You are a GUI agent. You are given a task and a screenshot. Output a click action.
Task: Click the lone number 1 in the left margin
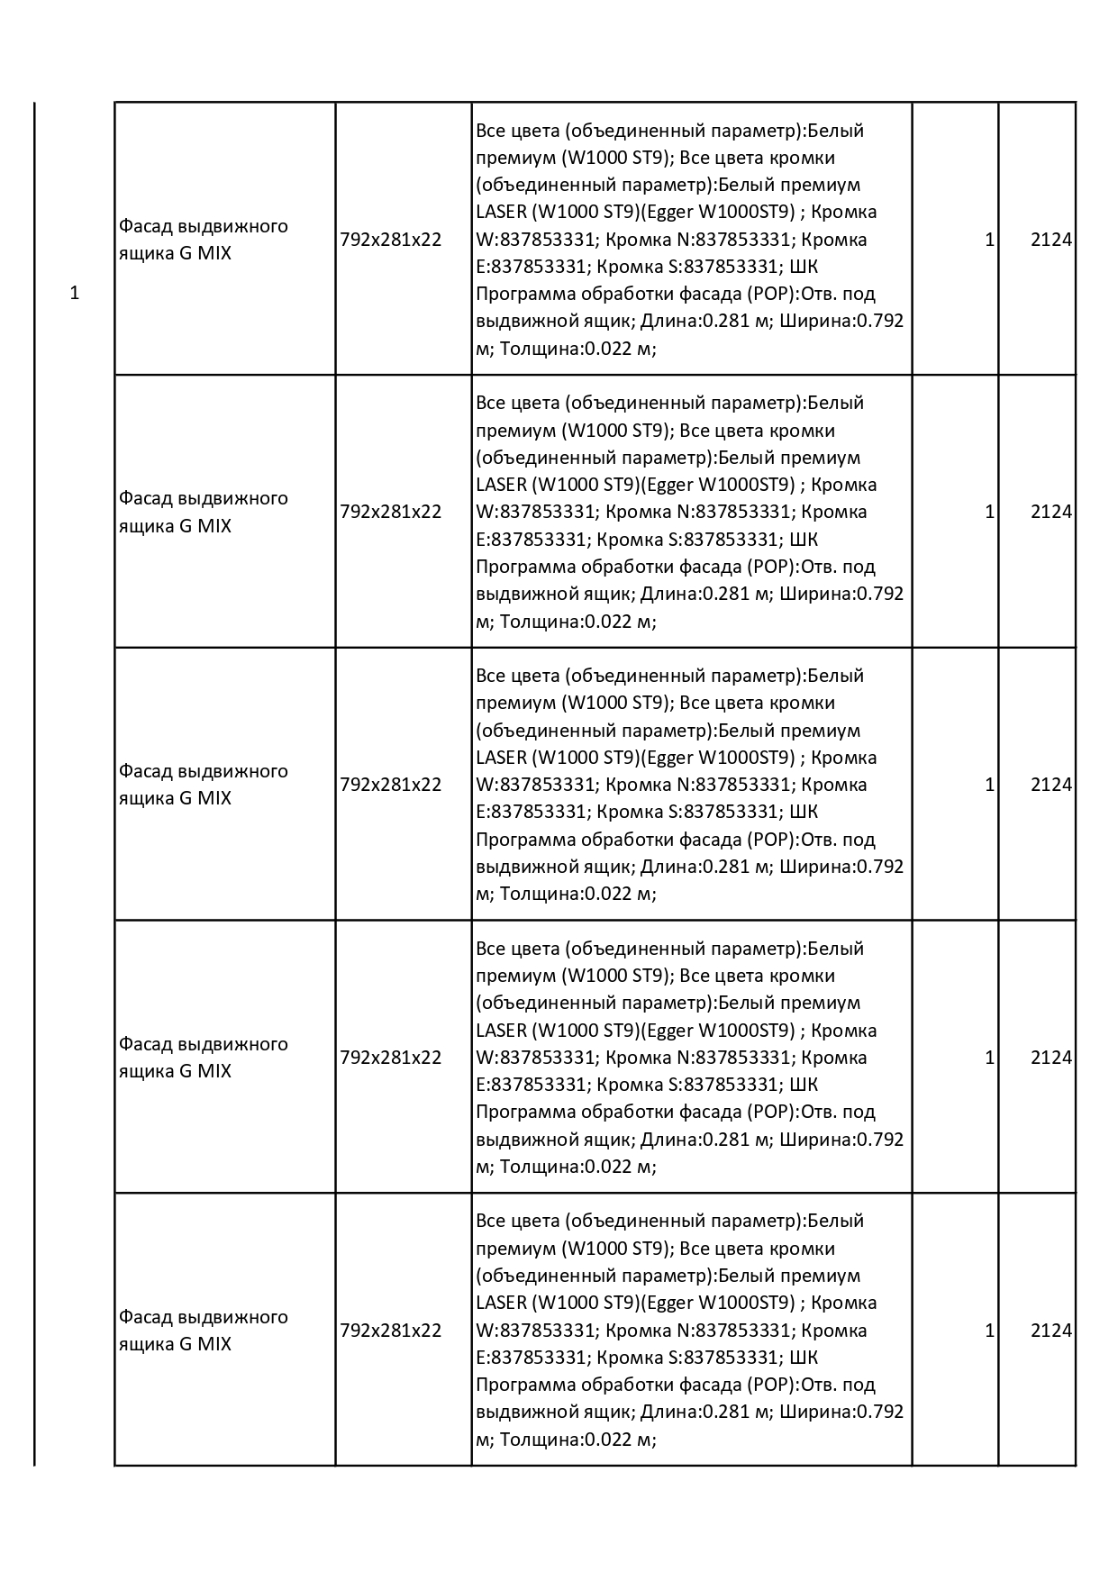click(x=75, y=294)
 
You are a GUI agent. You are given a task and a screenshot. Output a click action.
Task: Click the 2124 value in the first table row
click(x=1051, y=240)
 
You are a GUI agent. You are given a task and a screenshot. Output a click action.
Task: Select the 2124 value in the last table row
click(x=1051, y=1331)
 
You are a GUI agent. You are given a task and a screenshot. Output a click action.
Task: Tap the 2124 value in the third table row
click(x=1051, y=785)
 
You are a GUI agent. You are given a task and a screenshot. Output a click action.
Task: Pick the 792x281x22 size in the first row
click(x=391, y=240)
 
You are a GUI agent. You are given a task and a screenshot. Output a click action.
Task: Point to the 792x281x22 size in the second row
click(x=391, y=512)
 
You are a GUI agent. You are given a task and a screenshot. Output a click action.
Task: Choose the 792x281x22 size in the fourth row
click(x=391, y=1058)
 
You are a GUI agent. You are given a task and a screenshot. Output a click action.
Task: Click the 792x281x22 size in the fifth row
click(x=391, y=1331)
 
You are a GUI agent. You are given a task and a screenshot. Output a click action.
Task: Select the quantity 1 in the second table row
click(x=989, y=512)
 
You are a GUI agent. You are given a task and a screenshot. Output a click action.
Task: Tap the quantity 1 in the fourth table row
click(x=989, y=1058)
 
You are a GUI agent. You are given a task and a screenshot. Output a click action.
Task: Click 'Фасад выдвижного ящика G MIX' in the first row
click(x=203, y=240)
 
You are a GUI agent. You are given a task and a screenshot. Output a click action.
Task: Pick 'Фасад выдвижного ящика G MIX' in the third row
click(x=203, y=785)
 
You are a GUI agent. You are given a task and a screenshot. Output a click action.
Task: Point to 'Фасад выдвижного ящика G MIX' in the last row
click(x=203, y=1331)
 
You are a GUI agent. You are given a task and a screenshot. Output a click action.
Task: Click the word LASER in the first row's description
click(x=501, y=213)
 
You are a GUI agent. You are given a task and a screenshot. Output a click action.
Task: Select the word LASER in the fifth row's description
click(x=501, y=1303)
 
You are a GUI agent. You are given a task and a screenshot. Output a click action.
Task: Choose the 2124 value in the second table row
click(x=1051, y=512)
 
